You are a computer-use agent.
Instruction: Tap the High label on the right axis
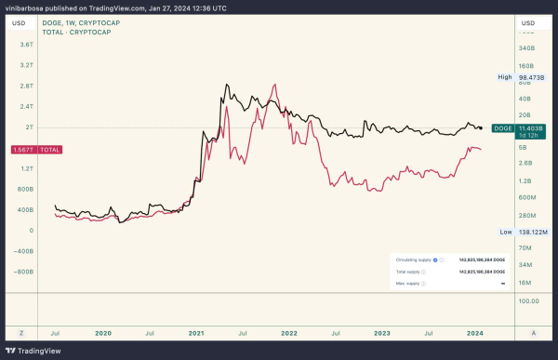(505, 77)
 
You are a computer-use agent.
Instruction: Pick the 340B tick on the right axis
(526, 47)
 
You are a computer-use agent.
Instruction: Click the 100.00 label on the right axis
(530, 301)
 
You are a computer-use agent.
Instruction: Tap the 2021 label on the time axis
(197, 331)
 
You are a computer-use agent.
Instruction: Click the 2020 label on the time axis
(102, 331)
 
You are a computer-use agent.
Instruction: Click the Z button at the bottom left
(20, 332)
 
